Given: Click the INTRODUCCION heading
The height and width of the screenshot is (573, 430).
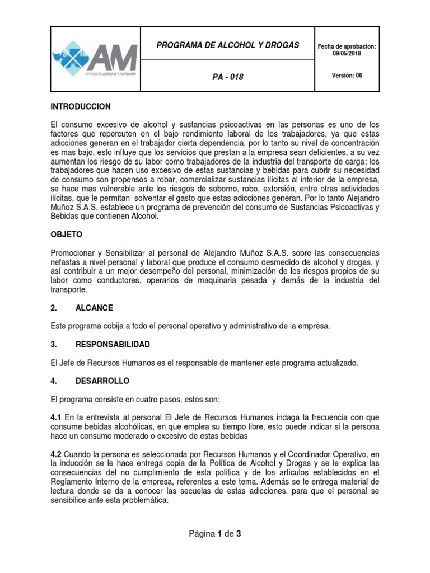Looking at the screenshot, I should (81, 106).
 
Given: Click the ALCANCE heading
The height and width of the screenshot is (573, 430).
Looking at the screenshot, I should (94, 308).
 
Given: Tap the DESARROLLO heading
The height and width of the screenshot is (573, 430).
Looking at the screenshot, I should (102, 381).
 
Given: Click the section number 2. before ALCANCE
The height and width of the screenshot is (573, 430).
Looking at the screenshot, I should (54, 308).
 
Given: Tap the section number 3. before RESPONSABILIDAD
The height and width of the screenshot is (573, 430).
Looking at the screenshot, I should (54, 344).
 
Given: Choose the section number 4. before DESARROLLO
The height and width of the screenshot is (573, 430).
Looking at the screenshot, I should (54, 381).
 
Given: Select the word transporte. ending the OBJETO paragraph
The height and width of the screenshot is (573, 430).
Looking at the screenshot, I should (69, 290).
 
